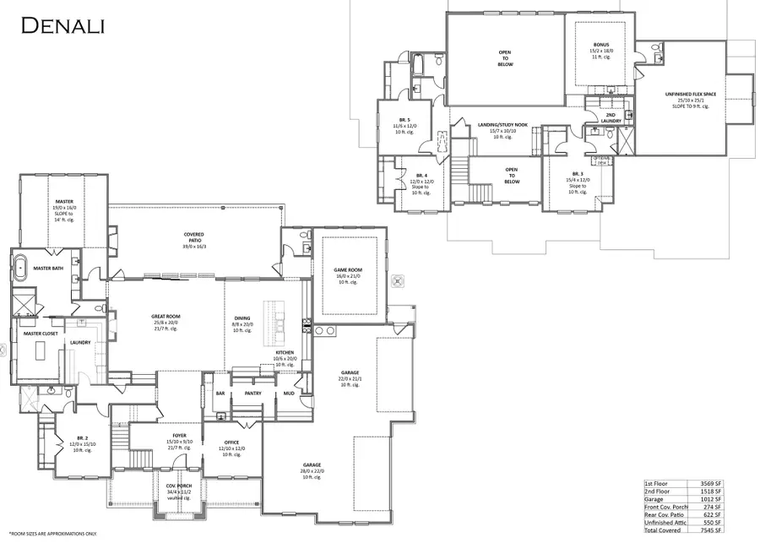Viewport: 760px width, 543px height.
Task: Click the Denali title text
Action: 62,26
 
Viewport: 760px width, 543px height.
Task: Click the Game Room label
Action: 348,275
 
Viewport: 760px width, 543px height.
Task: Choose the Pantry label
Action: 252,393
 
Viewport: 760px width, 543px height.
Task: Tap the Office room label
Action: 231,443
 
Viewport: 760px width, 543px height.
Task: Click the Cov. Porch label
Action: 178,486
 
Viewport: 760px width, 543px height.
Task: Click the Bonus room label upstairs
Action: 600,44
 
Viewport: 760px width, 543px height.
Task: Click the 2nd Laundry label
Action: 613,117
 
